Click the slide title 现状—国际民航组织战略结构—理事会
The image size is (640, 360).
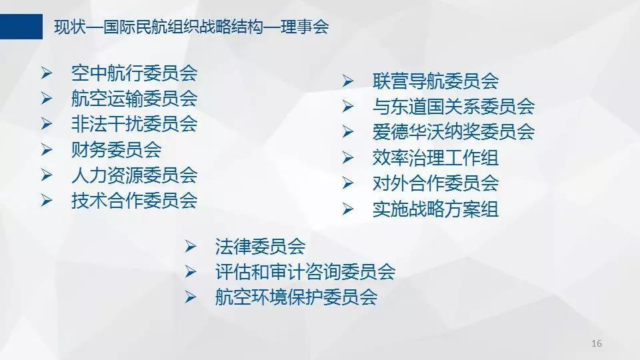[191, 27]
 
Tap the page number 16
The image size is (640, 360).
[596, 343]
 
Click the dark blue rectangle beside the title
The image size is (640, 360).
[21, 27]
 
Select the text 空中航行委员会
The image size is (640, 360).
[134, 73]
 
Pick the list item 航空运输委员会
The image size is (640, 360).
[134, 99]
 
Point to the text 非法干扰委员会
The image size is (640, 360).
[134, 124]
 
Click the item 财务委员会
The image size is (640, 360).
[116, 149]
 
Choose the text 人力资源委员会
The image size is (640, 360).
[134, 175]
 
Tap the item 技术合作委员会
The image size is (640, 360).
[134, 201]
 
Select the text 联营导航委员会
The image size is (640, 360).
[435, 81]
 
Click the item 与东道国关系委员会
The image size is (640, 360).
[453, 106]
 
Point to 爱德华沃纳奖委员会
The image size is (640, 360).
[453, 132]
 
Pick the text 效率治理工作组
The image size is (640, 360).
[435, 157]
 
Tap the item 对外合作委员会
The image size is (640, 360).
[435, 183]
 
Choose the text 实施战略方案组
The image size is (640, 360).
[435, 209]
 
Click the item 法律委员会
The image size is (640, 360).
[261, 246]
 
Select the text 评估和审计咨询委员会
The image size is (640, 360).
[305, 271]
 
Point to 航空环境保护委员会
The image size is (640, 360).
[296, 297]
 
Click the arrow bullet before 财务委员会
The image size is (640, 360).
[47, 150]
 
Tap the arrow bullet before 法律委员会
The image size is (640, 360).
[191, 247]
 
